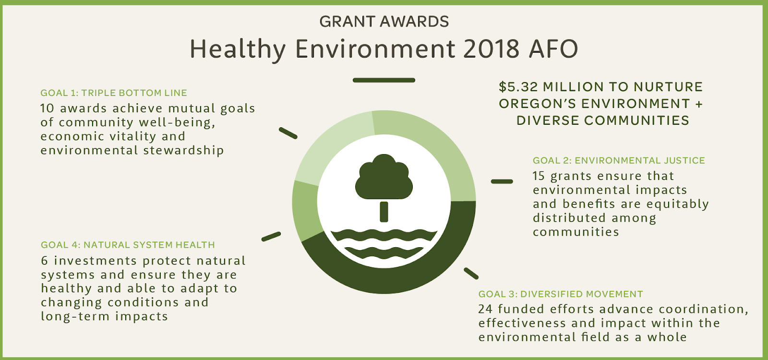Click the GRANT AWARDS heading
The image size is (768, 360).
(384, 22)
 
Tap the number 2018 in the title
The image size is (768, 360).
(492, 48)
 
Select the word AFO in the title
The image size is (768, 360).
(553, 48)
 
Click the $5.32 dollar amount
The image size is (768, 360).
(518, 87)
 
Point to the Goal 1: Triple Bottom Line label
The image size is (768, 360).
(114, 93)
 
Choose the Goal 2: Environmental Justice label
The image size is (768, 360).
(619, 160)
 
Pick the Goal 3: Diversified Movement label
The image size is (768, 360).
(561, 294)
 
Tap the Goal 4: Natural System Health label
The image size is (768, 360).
(128, 245)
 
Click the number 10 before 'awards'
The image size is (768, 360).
(48, 108)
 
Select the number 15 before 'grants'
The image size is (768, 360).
(539, 176)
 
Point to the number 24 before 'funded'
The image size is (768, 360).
(485, 309)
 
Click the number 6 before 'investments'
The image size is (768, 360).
(45, 261)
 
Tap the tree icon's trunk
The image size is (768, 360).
(384, 212)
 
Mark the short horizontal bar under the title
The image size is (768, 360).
(384, 80)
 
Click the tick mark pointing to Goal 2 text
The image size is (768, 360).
(502, 181)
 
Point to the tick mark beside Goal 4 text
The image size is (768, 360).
(271, 237)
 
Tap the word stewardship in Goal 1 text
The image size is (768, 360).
(183, 151)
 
